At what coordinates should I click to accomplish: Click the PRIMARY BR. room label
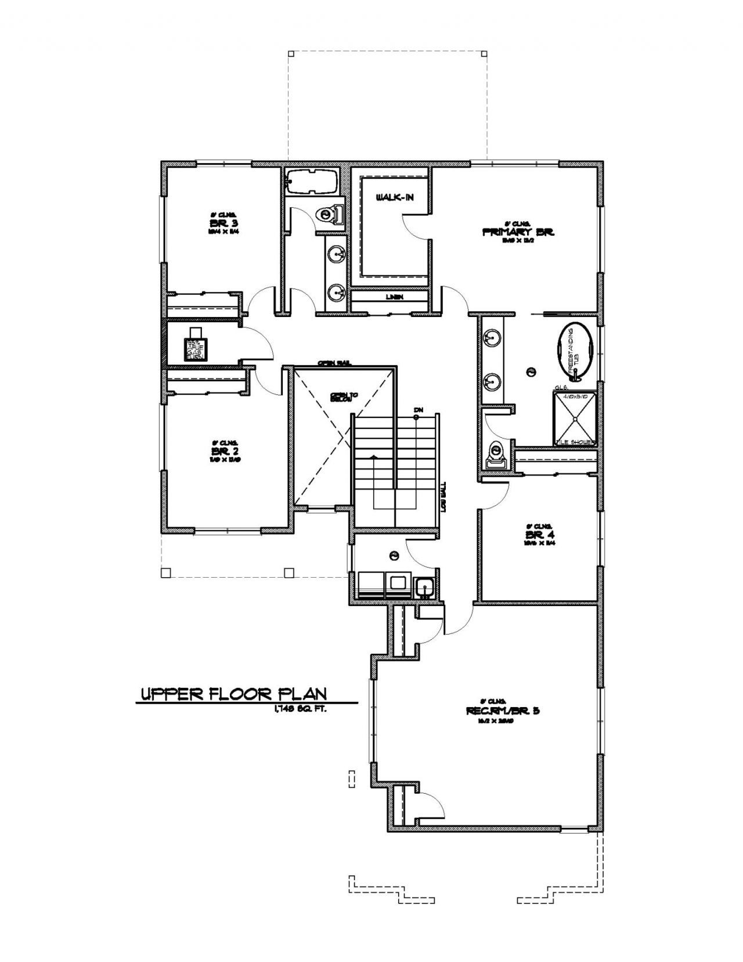(x=519, y=232)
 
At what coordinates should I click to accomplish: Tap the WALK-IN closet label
(x=395, y=199)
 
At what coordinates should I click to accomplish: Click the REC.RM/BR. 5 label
(x=503, y=711)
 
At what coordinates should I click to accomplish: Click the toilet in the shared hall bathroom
(x=329, y=215)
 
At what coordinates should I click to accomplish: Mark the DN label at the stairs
(x=417, y=410)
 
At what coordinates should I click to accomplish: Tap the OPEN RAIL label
(x=334, y=363)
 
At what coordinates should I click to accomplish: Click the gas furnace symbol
(x=196, y=347)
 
